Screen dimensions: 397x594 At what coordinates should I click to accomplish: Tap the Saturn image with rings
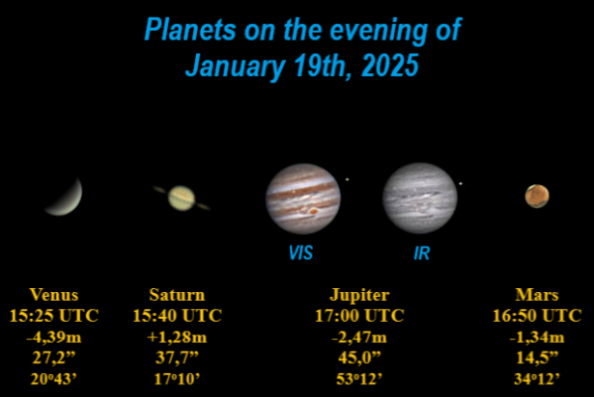[x=181, y=199]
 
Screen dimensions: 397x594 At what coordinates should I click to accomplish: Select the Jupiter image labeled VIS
[x=302, y=198]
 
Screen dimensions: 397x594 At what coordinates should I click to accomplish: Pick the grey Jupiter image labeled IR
[x=420, y=197]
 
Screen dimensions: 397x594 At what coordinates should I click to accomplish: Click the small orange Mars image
[x=537, y=196]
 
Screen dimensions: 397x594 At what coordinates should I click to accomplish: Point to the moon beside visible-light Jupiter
[x=346, y=180]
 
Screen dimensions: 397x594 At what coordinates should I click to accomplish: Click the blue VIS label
[x=300, y=253]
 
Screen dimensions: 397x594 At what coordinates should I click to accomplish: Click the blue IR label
[x=421, y=253]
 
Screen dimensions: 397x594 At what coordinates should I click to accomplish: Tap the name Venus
[x=53, y=295]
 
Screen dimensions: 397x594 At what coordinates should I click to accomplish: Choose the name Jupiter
[x=358, y=295]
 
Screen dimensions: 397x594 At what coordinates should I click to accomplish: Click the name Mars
[x=537, y=295]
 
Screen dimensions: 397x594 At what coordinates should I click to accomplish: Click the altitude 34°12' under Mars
[x=537, y=379]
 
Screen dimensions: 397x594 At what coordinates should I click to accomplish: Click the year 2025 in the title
[x=377, y=68]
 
